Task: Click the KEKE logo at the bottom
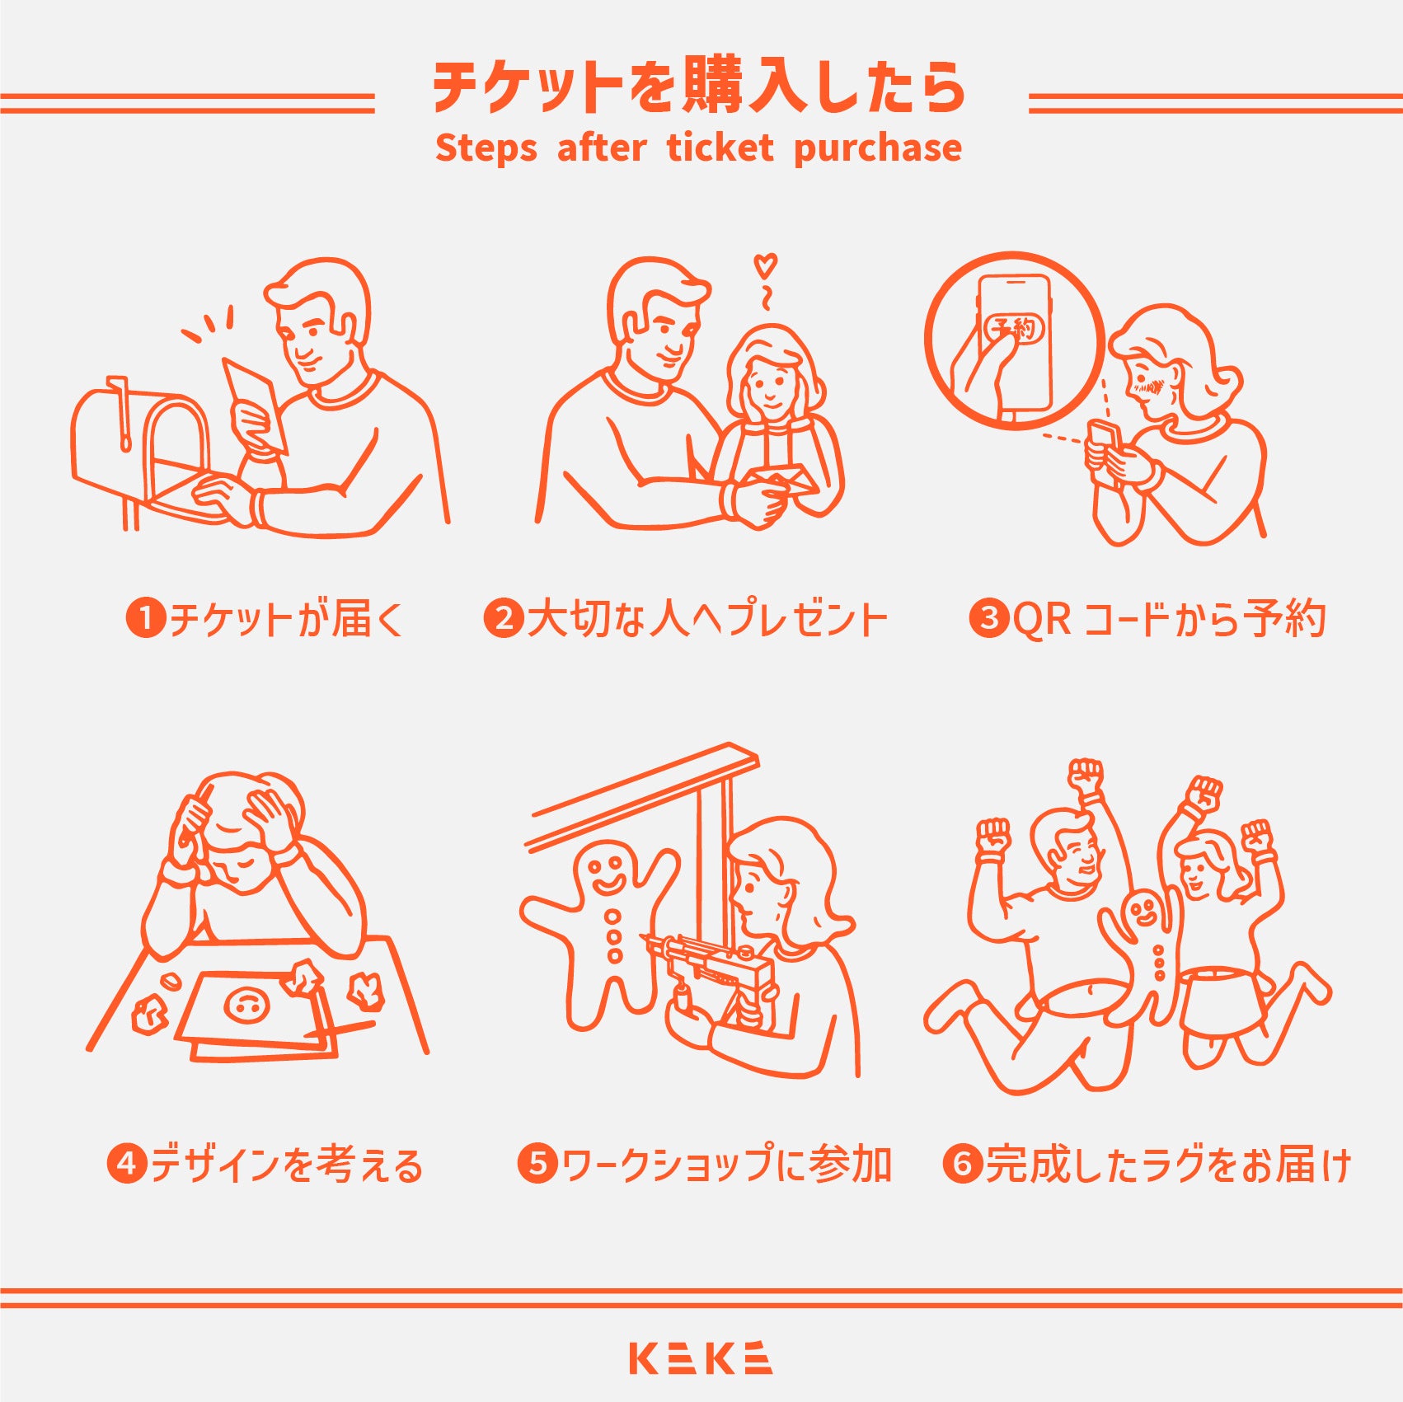(701, 1357)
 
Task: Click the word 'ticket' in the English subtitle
(720, 148)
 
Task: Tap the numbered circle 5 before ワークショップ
(537, 1164)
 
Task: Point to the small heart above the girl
(766, 265)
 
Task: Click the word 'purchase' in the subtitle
(877, 148)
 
